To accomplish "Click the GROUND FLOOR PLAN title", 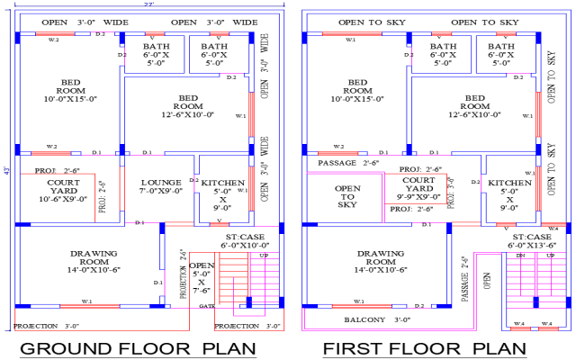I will (x=138, y=348).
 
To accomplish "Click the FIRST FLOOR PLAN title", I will (x=424, y=348).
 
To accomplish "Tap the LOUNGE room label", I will (x=161, y=185).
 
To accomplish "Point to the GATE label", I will (x=207, y=307).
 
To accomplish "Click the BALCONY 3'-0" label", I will (x=364, y=319).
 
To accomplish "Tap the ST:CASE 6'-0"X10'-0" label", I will (x=247, y=240).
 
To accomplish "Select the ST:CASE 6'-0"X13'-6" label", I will (x=533, y=240).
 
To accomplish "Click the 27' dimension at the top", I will (x=148, y=4).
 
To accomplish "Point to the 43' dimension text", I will (x=6, y=171).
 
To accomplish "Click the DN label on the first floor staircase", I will (x=520, y=256).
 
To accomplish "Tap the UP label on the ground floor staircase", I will (x=263, y=256).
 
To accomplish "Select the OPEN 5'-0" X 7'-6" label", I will (x=202, y=277).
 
